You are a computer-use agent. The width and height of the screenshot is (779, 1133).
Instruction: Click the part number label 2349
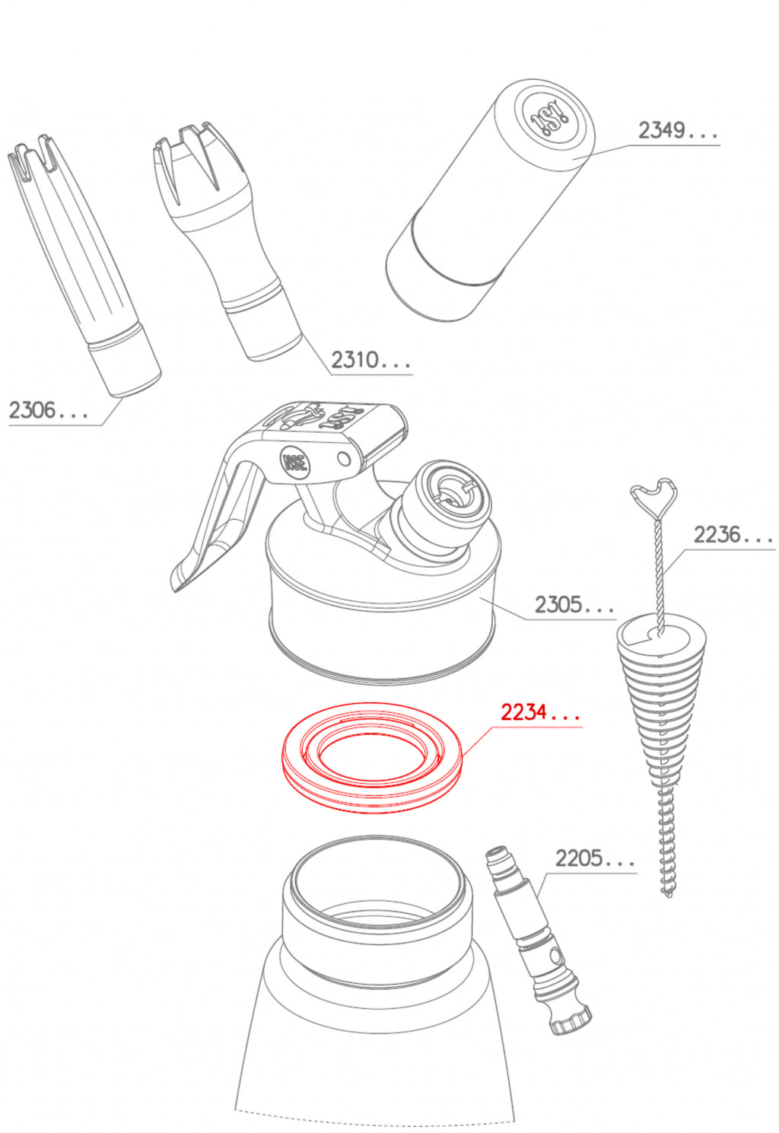678,131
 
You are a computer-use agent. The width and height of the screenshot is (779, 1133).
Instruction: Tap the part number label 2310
370,360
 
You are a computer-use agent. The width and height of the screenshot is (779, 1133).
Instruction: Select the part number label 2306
49,409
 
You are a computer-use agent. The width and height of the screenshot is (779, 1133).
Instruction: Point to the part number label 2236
733,534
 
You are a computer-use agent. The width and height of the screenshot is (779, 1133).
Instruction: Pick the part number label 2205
595,858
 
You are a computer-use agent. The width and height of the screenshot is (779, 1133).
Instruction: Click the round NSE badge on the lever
294,462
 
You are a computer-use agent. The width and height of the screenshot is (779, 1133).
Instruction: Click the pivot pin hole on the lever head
344,460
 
